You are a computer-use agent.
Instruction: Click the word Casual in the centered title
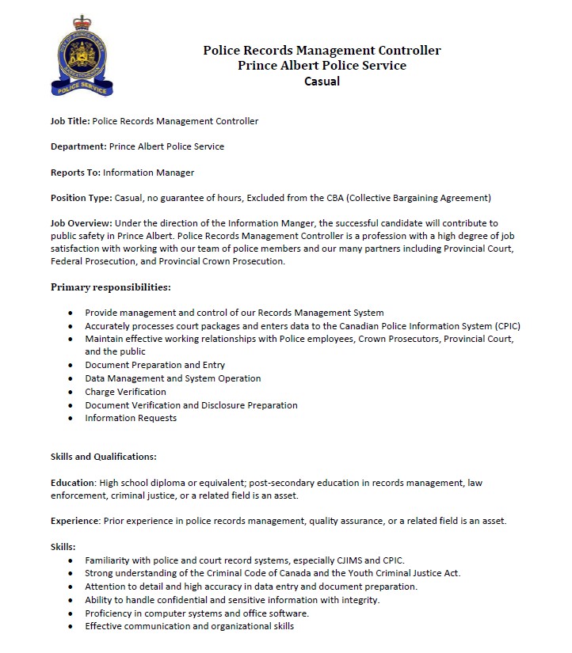pyautogui.click(x=322, y=81)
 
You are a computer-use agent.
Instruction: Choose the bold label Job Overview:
pyautogui.click(x=81, y=223)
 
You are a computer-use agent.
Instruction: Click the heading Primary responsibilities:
pyautogui.click(x=111, y=287)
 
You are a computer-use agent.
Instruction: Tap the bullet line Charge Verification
pyautogui.click(x=126, y=392)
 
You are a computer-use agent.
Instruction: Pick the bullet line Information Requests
pyautogui.click(x=131, y=418)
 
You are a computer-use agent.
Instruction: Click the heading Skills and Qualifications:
pyautogui.click(x=104, y=457)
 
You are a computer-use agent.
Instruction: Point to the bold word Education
pyautogui.click(x=73, y=482)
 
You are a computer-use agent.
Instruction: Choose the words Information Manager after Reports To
pyautogui.click(x=148, y=172)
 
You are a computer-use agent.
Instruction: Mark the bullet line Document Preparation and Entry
pyautogui.click(x=155, y=365)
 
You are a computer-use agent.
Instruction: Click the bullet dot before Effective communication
pyautogui.click(x=72, y=626)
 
